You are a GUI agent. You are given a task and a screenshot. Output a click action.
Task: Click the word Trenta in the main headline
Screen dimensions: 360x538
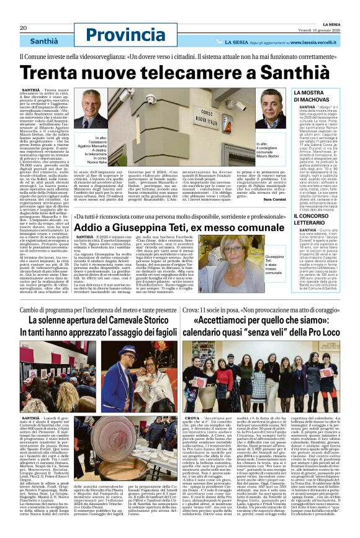tap(53, 73)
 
